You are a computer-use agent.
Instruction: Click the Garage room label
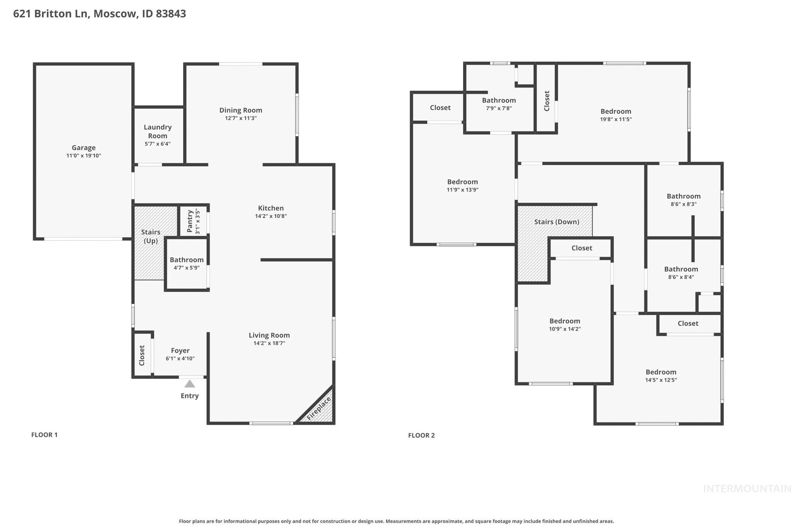[x=84, y=148]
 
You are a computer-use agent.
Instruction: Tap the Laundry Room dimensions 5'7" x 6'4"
[x=158, y=144]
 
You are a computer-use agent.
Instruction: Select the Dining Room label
[x=240, y=110]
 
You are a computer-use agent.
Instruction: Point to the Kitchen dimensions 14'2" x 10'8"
[x=271, y=216]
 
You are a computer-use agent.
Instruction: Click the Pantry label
[x=190, y=221]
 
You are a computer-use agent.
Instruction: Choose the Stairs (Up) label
[x=151, y=236]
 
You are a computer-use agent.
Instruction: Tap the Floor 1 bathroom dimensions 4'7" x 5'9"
[x=187, y=268]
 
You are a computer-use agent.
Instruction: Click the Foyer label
[x=180, y=351]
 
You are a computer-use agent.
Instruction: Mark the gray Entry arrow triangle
[x=189, y=384]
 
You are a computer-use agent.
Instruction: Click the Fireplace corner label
[x=319, y=408]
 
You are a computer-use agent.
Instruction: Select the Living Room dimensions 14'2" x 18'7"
[x=269, y=343]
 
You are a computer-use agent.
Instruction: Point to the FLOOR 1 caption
[x=44, y=435]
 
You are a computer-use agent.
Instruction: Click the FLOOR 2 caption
[x=421, y=436]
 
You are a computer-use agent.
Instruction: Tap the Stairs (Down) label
[x=556, y=222]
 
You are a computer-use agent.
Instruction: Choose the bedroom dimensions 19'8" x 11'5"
[x=616, y=119]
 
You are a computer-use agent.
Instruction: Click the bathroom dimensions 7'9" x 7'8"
[x=499, y=109]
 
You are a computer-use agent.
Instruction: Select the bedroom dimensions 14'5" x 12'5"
[x=661, y=380]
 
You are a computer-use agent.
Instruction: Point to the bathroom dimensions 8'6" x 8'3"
[x=683, y=204]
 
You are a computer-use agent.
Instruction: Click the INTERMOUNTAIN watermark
[x=747, y=489]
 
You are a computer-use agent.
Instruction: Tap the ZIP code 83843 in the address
[x=171, y=14]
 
